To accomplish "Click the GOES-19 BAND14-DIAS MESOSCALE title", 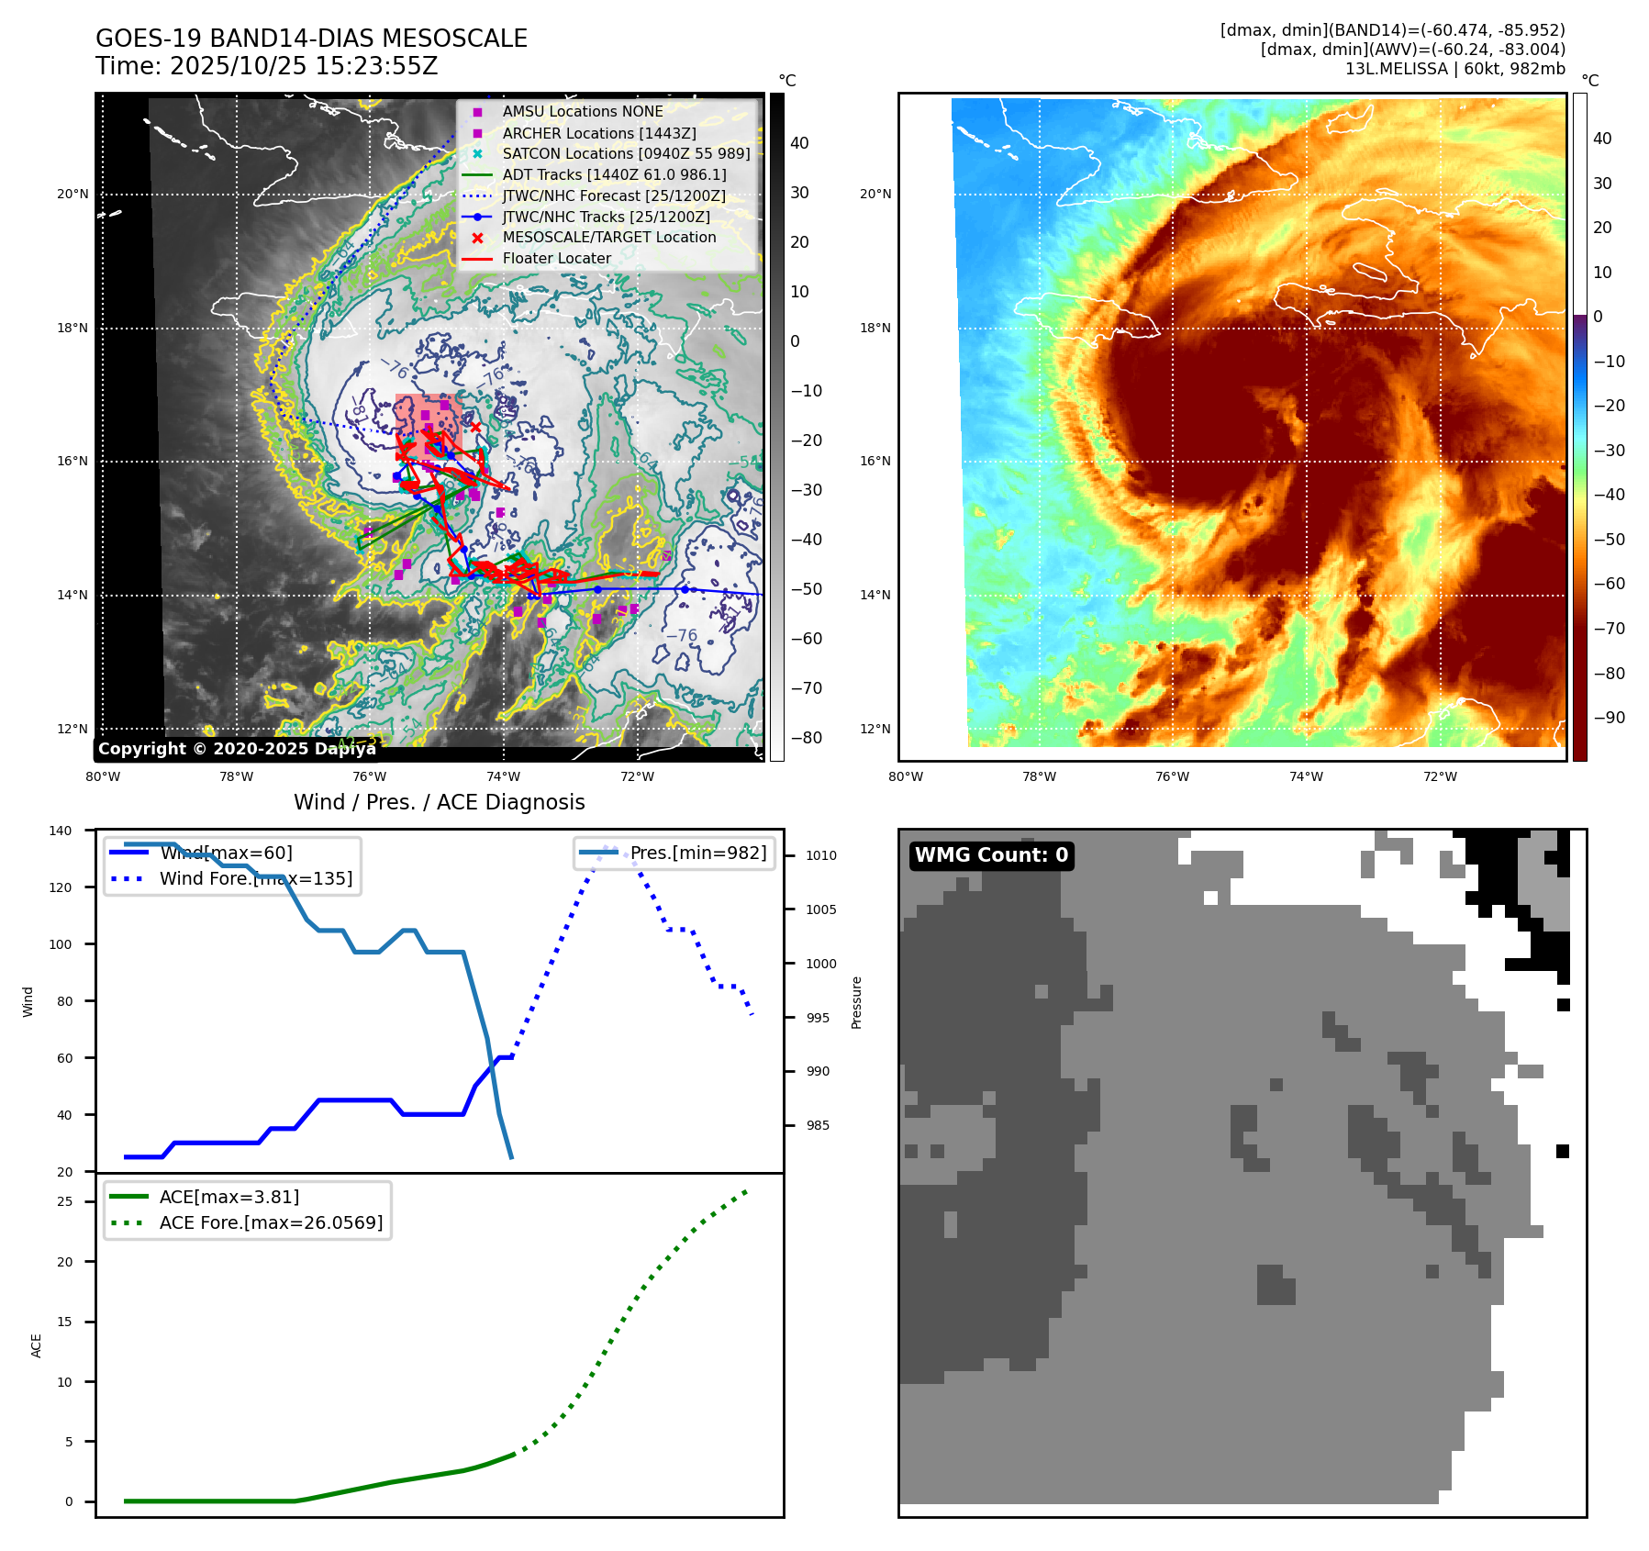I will (x=311, y=39).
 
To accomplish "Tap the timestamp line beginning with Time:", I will (x=266, y=67).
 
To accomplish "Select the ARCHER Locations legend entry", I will (x=598, y=133).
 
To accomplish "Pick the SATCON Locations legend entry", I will (x=626, y=153).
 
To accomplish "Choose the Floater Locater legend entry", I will (x=556, y=259).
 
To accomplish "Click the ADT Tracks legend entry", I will (x=614, y=174).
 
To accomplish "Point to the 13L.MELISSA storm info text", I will (x=1454, y=69).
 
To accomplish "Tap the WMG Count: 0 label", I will (x=991, y=855).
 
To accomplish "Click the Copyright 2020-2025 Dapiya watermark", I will (x=237, y=749).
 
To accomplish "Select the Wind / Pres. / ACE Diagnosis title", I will (x=439, y=802).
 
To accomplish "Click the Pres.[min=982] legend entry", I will (x=697, y=853).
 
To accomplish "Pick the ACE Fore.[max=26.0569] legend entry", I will (x=271, y=1222).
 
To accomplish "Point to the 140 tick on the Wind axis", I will (x=61, y=831).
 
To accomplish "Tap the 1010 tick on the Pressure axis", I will (x=821, y=855).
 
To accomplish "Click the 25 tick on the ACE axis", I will (x=65, y=1201).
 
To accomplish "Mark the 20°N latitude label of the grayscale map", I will (x=73, y=195).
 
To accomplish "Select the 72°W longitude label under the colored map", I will (x=1440, y=776).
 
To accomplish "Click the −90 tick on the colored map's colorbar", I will (x=1609, y=718).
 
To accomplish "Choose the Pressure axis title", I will (x=856, y=1002).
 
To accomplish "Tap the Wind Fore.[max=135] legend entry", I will (x=255, y=878).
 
